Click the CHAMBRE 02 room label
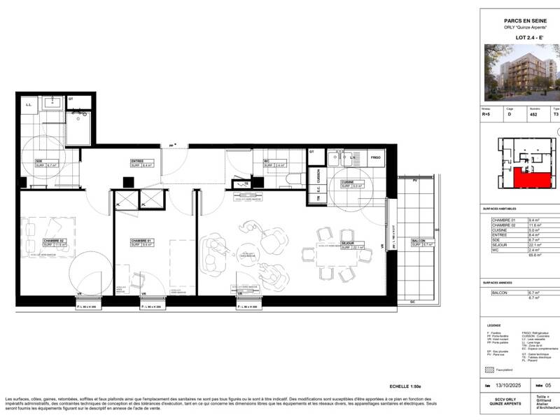(53, 241)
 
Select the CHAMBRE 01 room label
(141, 241)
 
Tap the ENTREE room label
(137, 162)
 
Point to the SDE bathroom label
(39, 162)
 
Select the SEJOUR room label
(347, 244)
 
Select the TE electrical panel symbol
(246, 184)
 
